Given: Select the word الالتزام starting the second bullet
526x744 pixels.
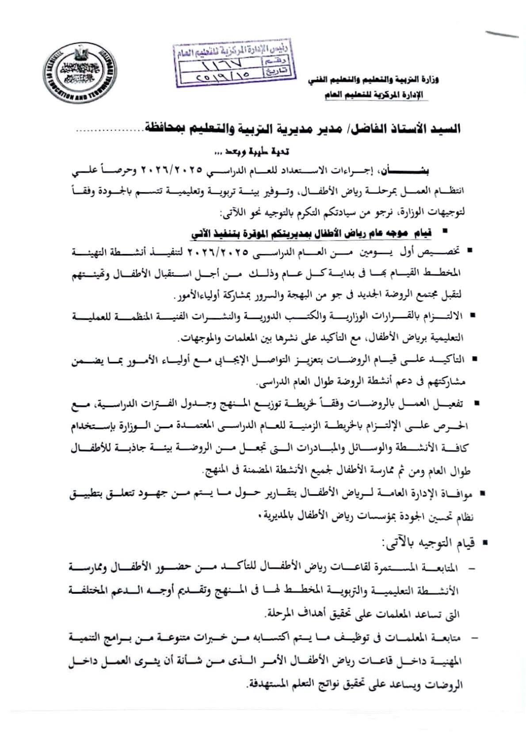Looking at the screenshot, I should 446,317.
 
